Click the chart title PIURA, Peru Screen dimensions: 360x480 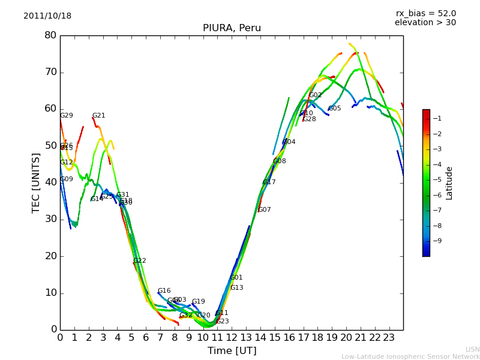point(232,28)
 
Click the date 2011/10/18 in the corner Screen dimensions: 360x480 point(47,16)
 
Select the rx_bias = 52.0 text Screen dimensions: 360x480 point(425,13)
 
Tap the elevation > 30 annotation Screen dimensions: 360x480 point(425,23)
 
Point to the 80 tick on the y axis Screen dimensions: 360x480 point(50,35)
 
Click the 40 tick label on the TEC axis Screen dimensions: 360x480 point(50,182)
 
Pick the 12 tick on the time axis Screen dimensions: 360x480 point(232,337)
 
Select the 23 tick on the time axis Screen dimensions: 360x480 point(389,337)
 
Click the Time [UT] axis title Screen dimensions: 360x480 point(232,351)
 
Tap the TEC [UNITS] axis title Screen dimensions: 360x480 point(36,182)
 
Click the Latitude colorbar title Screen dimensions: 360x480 point(449,183)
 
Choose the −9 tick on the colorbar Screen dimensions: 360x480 point(438,241)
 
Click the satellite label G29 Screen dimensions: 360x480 point(67,116)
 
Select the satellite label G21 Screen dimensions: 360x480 point(99,116)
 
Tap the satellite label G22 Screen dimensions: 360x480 point(140,261)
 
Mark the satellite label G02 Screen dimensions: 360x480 point(316,95)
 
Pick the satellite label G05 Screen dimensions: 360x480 point(335,109)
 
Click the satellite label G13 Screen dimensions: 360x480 point(237,288)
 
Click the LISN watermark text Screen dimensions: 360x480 point(472,349)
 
